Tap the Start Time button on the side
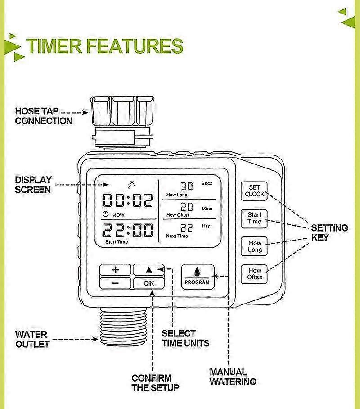pyautogui.click(x=254, y=218)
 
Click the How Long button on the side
pyautogui.click(x=254, y=246)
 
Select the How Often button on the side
pyautogui.click(x=254, y=274)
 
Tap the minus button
pyautogui.click(x=116, y=283)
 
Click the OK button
pyautogui.click(x=149, y=283)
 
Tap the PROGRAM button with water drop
pyautogui.click(x=198, y=277)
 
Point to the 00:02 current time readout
pyautogui.click(x=127, y=200)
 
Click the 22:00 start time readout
pyautogui.click(x=127, y=230)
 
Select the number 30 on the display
pyautogui.click(x=187, y=186)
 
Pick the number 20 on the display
pyautogui.click(x=187, y=207)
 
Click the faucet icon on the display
pyautogui.click(x=132, y=185)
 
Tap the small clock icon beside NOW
pyautogui.click(x=105, y=214)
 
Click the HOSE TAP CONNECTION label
pyautogui.click(x=44, y=116)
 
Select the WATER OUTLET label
pyautogui.click(x=32, y=339)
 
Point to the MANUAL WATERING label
pyautogui.click(x=233, y=377)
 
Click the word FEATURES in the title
pyautogui.click(x=135, y=46)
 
